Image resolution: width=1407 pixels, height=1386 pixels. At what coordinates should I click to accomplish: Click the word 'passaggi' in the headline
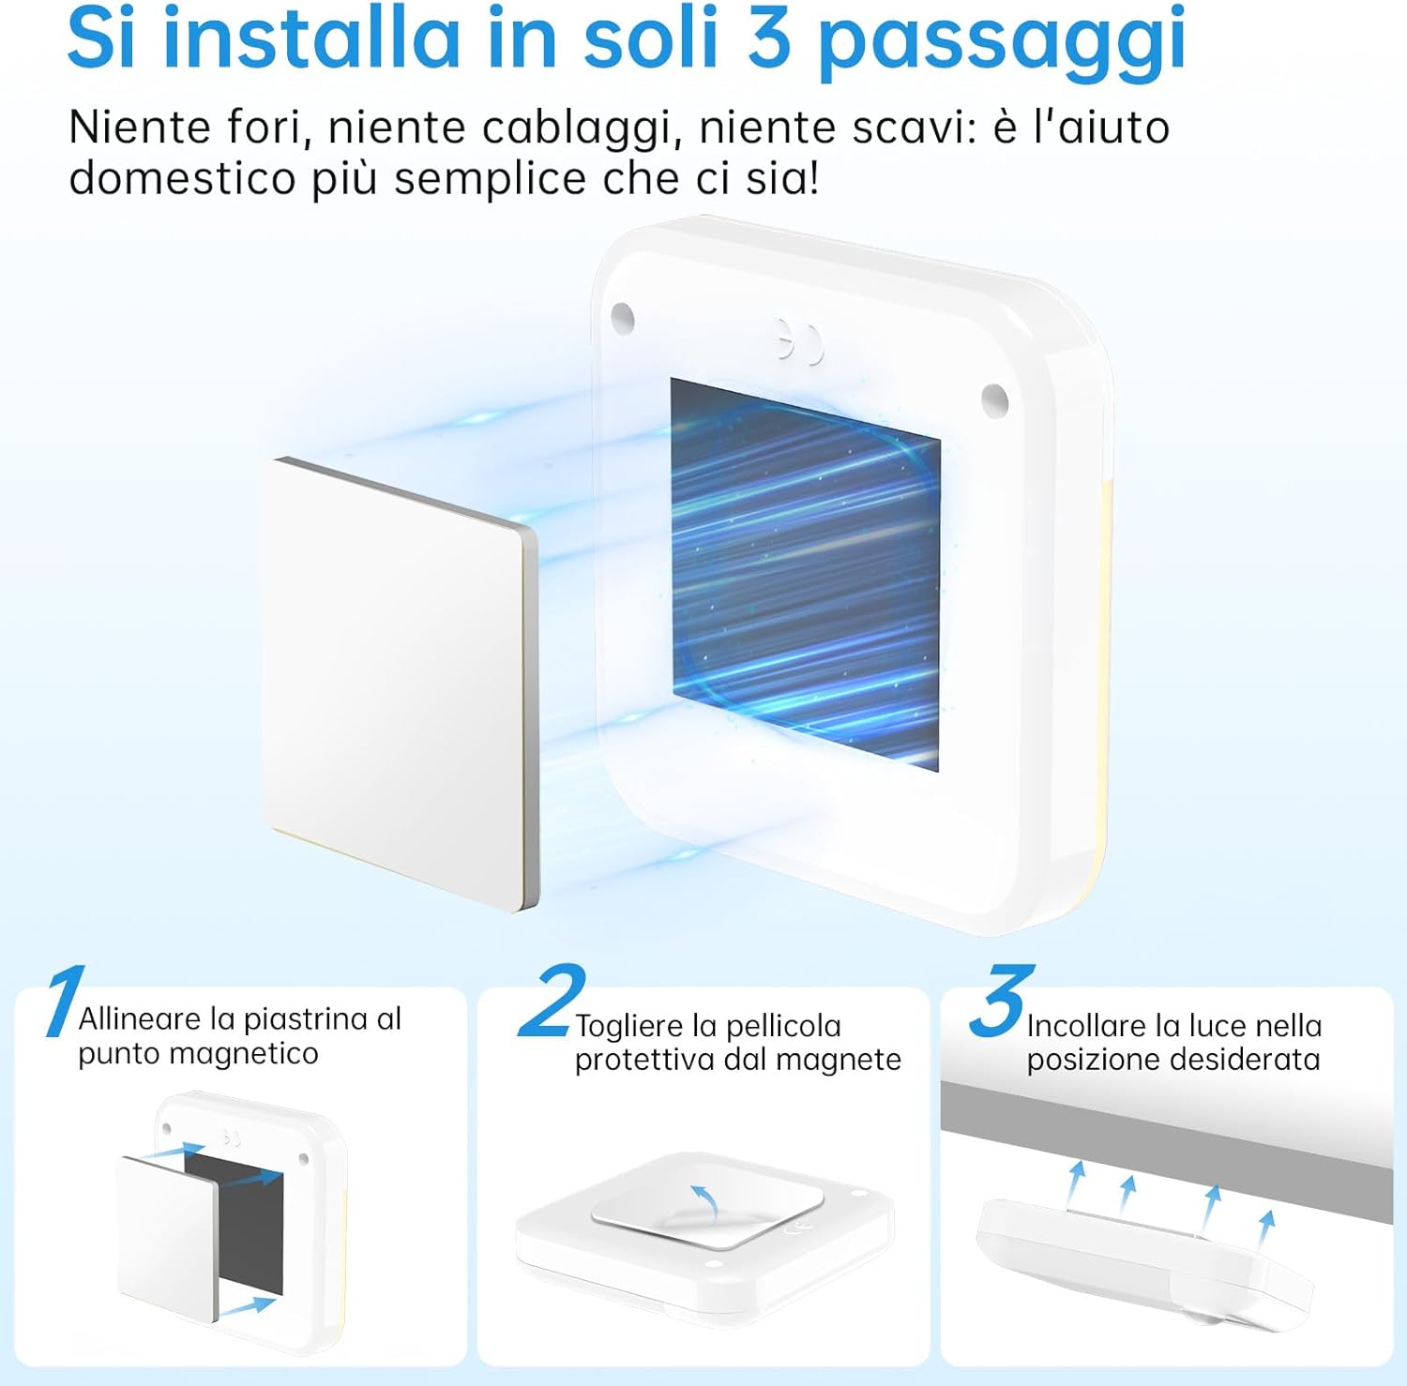click(1002, 42)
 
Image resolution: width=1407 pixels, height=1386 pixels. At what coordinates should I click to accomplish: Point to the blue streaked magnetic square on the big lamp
click(805, 574)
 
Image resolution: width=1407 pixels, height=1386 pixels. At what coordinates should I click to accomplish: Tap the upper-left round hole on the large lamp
click(622, 318)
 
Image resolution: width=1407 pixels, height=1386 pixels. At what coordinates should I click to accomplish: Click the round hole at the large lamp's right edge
click(994, 398)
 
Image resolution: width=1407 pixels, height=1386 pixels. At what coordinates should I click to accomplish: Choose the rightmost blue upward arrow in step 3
click(1266, 1224)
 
